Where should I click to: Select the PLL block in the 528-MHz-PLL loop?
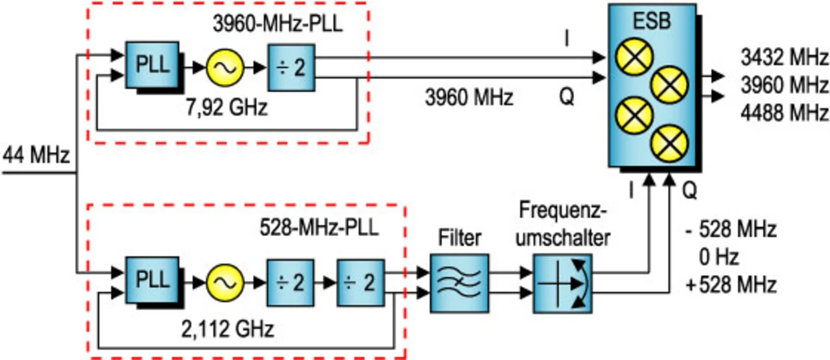coord(152,281)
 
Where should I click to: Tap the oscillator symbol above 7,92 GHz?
coord(224,67)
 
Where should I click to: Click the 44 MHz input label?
coord(36,156)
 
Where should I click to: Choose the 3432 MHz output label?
coord(785,58)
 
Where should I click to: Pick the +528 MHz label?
coord(733,284)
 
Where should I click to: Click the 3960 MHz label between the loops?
coord(469,99)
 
